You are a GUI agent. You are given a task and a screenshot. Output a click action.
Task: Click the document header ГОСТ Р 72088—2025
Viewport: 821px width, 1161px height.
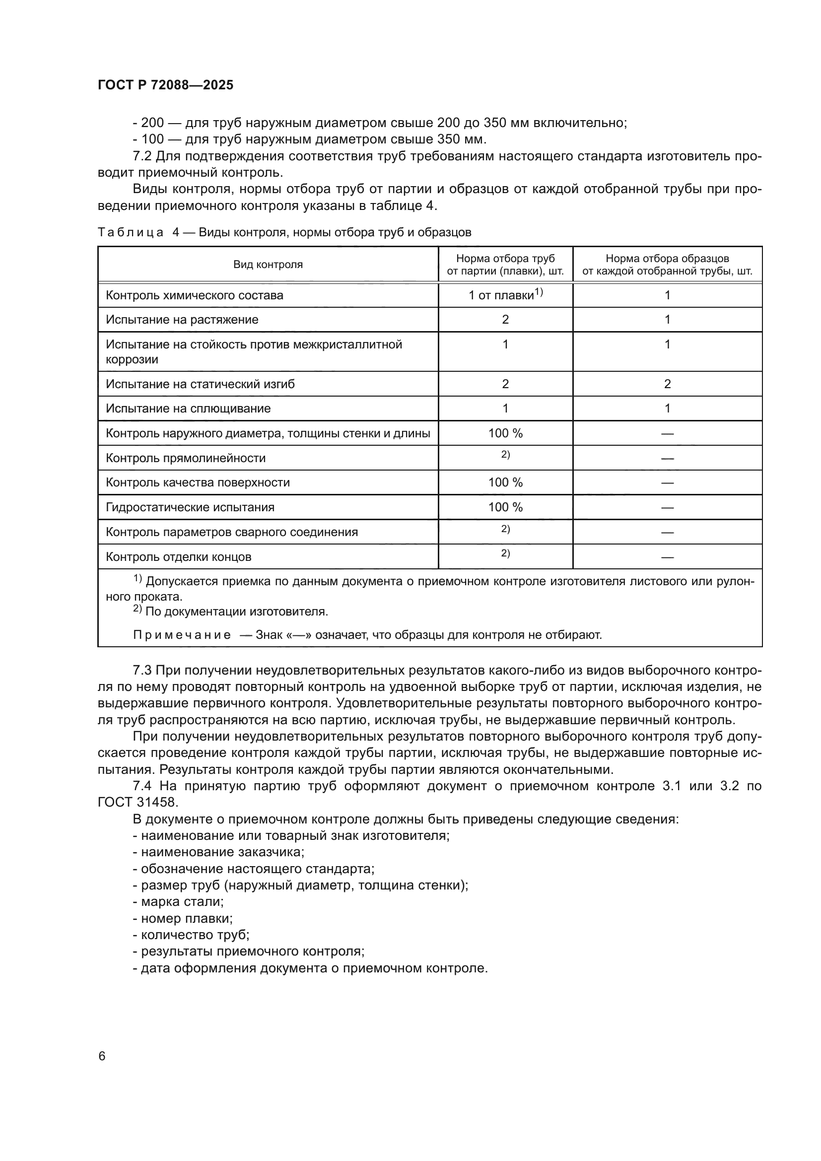pos(165,85)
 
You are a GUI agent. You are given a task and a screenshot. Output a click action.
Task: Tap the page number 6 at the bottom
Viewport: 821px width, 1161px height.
pos(102,1056)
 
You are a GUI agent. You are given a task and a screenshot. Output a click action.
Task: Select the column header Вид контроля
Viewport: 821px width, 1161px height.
pos(268,265)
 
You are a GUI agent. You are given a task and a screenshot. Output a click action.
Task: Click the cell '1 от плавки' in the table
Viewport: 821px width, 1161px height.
pos(505,295)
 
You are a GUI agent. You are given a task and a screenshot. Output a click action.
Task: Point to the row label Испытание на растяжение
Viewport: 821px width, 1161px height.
pos(182,320)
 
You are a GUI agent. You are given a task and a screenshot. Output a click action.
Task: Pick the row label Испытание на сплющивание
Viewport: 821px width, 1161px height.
pos(188,409)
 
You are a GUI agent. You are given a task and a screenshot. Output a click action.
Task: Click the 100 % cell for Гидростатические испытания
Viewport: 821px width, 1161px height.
pos(505,507)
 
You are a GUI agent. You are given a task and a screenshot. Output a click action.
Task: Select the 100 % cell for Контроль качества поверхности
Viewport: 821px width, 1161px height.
pos(505,482)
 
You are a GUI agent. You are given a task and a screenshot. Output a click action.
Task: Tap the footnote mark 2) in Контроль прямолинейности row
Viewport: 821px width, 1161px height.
pos(505,455)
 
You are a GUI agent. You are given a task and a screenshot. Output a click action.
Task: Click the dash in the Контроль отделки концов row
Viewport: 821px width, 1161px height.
pos(667,557)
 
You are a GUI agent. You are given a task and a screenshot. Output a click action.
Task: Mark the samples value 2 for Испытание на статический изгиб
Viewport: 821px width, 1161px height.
pos(667,384)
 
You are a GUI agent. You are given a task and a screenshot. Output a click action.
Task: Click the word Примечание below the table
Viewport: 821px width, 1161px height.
pos(182,635)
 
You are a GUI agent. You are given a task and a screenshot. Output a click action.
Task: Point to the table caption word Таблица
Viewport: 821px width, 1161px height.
pos(131,233)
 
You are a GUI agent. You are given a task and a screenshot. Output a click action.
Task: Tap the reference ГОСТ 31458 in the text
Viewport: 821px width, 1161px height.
pos(138,803)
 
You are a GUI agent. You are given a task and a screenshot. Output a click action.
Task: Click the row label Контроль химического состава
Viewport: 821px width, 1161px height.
pos(194,295)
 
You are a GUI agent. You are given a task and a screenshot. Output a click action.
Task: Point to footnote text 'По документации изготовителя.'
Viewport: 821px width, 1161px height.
pos(237,612)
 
